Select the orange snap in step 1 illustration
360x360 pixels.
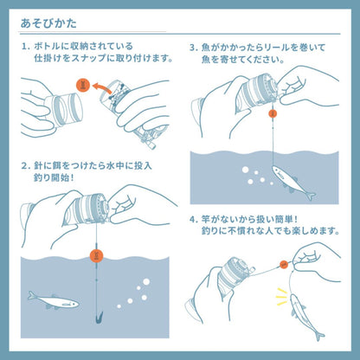83,85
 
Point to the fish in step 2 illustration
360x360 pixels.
52,301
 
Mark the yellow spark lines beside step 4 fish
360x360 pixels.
279,291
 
